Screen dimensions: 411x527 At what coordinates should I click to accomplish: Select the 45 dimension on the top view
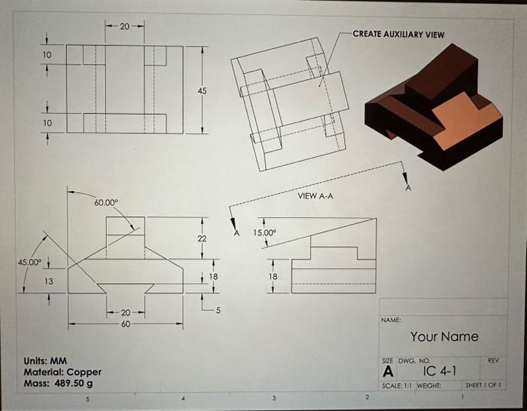(201, 90)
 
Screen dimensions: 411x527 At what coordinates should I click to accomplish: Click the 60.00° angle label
(106, 203)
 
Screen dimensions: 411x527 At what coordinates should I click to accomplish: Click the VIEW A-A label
(315, 195)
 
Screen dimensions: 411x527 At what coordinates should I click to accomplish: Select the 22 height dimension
(201, 238)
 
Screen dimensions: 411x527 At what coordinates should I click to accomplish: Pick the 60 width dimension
(126, 324)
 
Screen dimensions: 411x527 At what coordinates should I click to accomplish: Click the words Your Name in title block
(444, 336)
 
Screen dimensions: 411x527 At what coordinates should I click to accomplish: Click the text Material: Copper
(62, 372)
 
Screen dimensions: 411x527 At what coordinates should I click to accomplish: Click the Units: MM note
(48, 360)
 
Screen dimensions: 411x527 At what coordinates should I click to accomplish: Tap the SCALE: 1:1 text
(399, 385)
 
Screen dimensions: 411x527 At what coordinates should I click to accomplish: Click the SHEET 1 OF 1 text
(483, 385)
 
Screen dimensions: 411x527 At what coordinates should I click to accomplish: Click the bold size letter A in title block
(388, 372)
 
